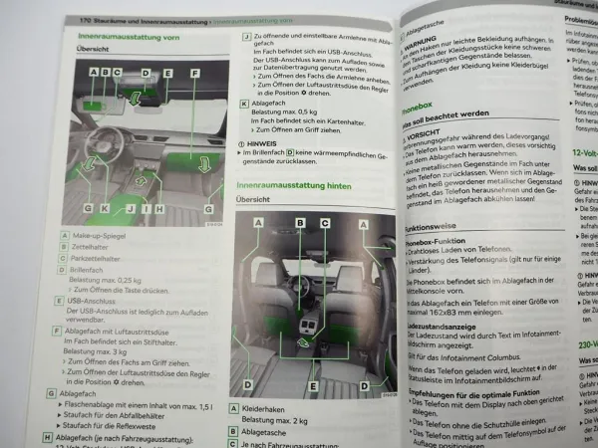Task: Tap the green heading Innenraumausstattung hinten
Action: coord(294,186)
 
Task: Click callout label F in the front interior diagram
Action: coord(194,74)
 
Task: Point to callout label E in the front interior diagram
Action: coord(167,73)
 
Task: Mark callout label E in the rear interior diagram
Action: coord(312,384)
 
